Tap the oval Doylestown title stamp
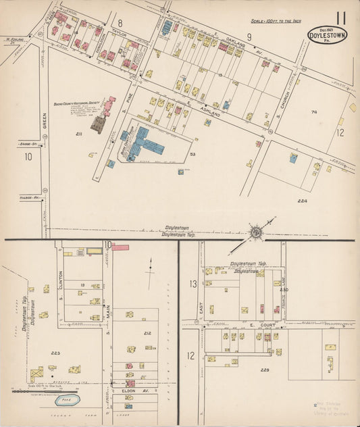[326, 34]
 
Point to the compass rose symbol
[257, 232]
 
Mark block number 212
[147, 334]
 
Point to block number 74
[313, 112]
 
